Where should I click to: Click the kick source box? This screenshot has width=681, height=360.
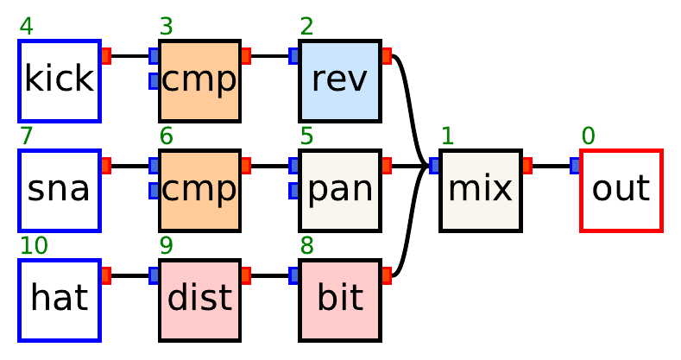[x=60, y=80]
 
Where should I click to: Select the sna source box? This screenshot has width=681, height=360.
[x=60, y=190]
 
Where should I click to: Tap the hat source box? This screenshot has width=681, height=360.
[x=60, y=300]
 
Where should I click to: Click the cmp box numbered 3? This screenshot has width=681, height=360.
[x=199, y=80]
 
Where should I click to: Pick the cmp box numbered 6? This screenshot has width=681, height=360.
[x=199, y=190]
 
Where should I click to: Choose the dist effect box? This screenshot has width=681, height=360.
[x=199, y=300]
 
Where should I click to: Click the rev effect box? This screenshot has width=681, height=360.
[x=340, y=80]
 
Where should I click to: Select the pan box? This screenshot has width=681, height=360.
[x=340, y=190]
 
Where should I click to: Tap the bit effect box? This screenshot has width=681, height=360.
[x=340, y=300]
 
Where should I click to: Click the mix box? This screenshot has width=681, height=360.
[x=480, y=190]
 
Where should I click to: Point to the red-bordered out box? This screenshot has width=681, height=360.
[x=621, y=190]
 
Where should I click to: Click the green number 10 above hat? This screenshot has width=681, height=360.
[x=33, y=246]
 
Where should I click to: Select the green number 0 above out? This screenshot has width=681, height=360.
[x=588, y=136]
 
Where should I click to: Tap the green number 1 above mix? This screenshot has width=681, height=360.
[x=447, y=136]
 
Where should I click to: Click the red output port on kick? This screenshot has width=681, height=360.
[x=106, y=56]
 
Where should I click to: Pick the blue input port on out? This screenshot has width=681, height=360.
[x=576, y=166]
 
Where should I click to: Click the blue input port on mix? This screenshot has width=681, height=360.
[x=435, y=166]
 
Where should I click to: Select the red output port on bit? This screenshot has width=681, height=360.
[x=387, y=275]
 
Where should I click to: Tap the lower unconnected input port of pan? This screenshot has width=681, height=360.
[x=294, y=190]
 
